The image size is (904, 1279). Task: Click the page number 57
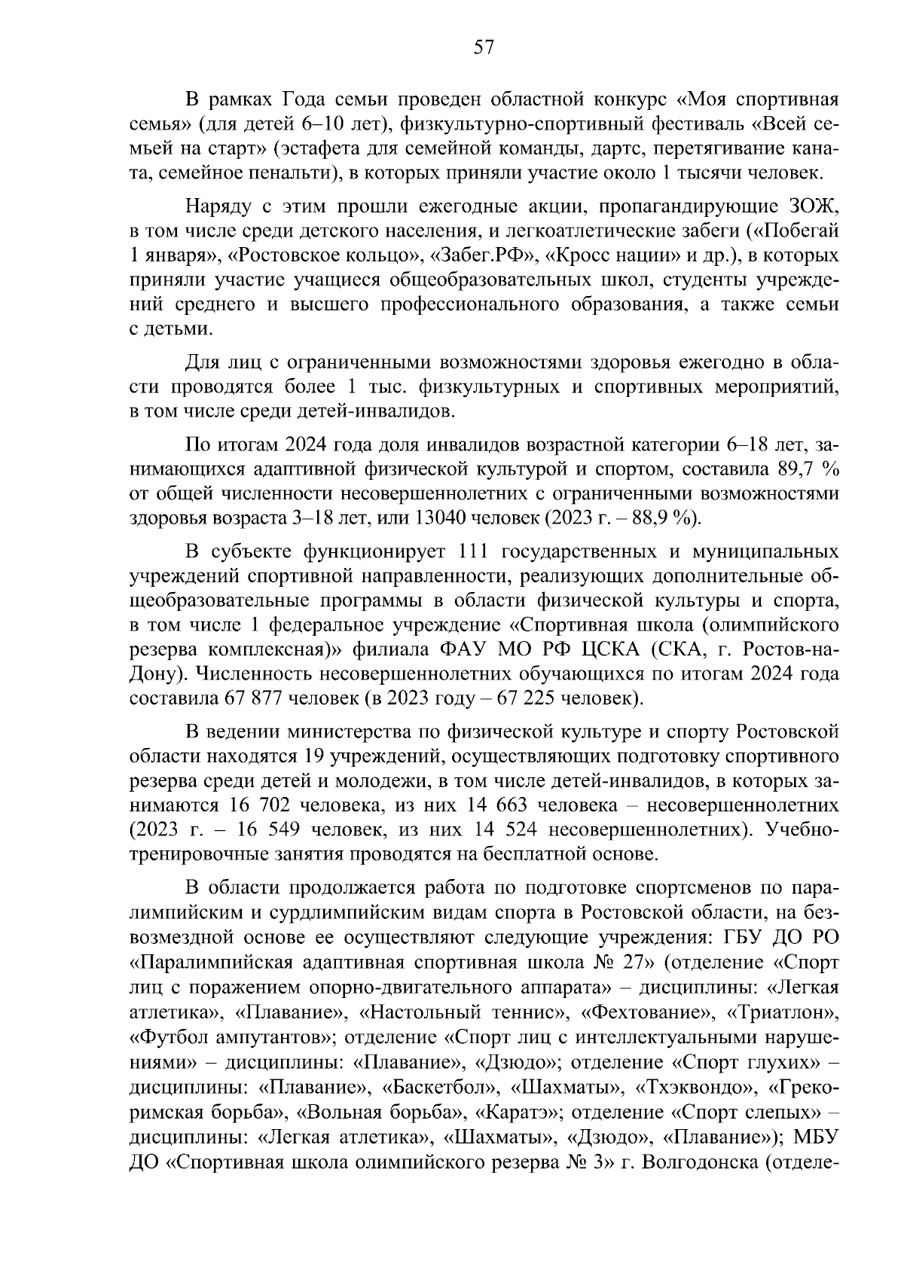484,47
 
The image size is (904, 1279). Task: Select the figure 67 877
253,698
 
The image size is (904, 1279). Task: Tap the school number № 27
612,962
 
